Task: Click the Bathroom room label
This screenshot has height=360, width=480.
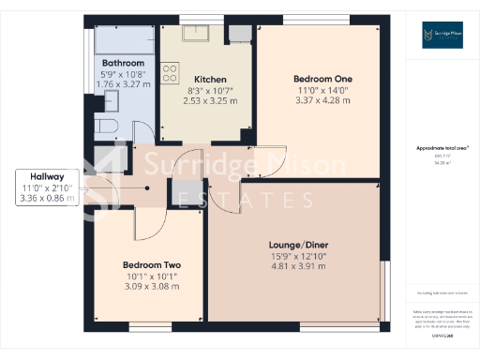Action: tap(123, 63)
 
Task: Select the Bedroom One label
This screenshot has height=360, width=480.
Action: tap(321, 79)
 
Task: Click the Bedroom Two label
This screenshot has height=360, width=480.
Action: tap(150, 265)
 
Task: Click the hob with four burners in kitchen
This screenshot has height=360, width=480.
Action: tap(171, 72)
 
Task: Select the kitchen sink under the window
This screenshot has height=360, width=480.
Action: tap(201, 35)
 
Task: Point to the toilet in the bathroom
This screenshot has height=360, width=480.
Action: tap(105, 127)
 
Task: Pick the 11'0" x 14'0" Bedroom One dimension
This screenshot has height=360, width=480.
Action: tap(321, 90)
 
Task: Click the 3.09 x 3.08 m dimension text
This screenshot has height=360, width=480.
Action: tap(150, 287)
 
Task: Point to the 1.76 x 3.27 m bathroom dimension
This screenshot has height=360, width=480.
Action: tap(123, 83)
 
